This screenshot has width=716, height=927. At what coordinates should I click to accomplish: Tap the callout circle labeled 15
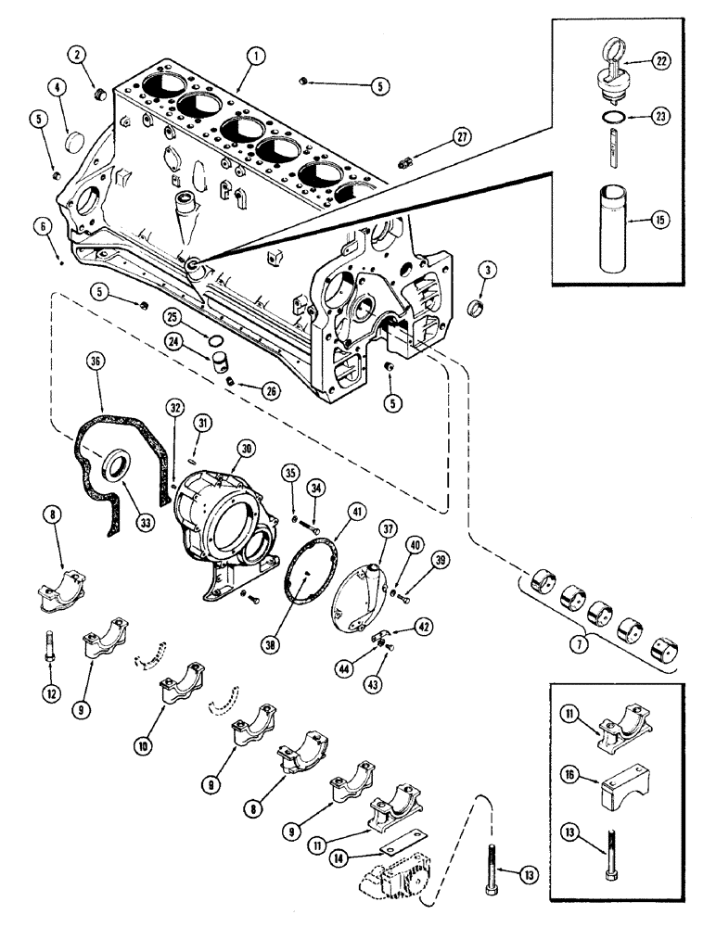(x=659, y=222)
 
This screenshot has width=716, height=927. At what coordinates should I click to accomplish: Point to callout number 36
(x=94, y=359)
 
